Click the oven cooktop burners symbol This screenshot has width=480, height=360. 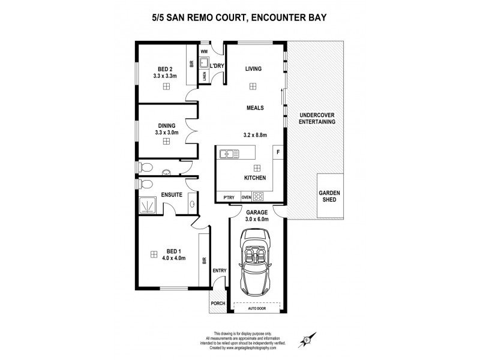(259, 196)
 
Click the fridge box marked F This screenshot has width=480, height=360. (278, 152)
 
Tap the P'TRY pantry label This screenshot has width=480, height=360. (228, 197)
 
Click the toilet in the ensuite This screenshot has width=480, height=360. (145, 184)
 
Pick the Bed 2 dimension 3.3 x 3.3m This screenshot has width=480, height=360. (165, 76)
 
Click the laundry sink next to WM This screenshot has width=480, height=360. (204, 62)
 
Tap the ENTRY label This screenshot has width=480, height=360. (219, 271)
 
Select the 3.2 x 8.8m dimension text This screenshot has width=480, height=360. (256, 135)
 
